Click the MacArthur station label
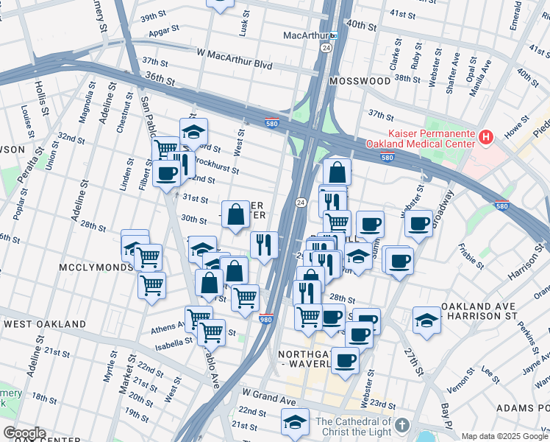tap(305, 35)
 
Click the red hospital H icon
tap(485, 136)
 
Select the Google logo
tap(24, 433)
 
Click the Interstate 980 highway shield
tap(266, 318)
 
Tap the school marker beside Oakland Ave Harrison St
tap(427, 318)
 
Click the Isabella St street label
tap(173, 343)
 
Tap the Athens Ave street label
tap(167, 329)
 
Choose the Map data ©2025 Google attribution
tap(504, 436)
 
